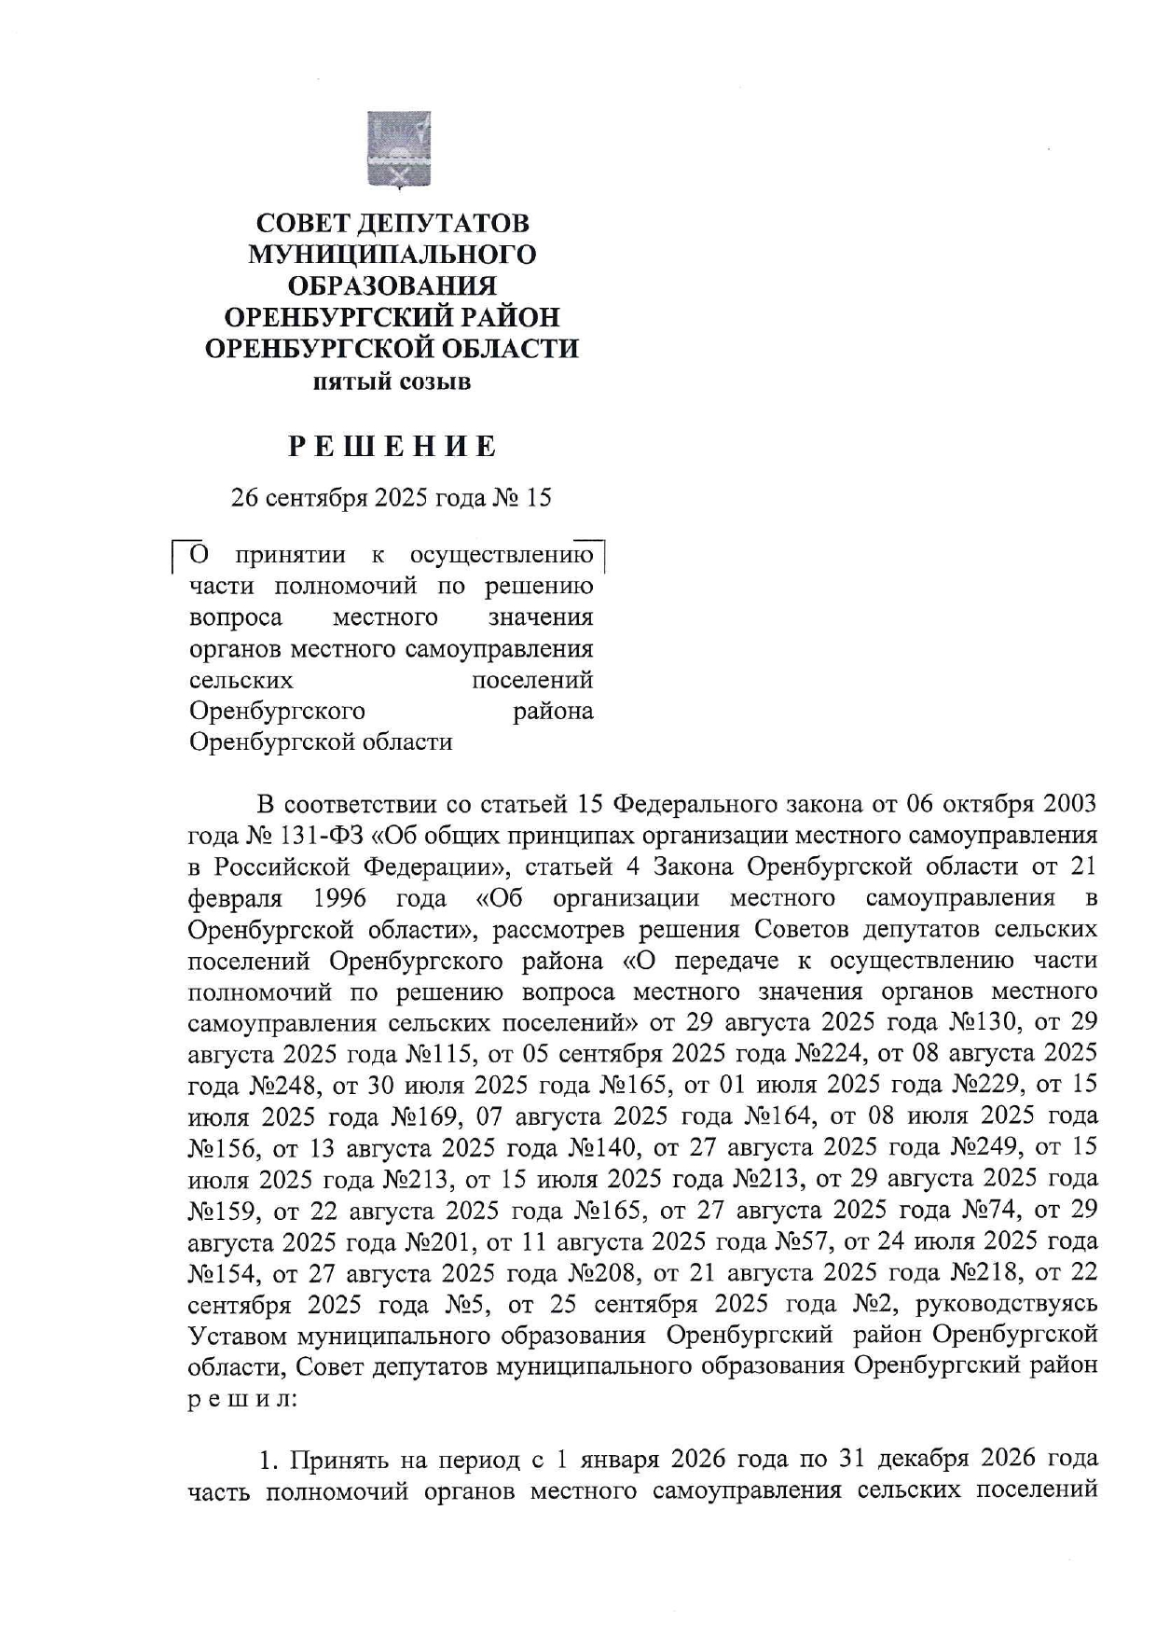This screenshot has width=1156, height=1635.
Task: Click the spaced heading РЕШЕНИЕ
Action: tap(392, 447)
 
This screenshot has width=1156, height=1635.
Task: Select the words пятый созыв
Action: tap(392, 381)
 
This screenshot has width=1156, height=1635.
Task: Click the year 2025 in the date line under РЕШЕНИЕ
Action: tap(406, 498)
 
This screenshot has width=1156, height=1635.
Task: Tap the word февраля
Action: tap(234, 897)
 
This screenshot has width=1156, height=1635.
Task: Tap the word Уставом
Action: tap(238, 1335)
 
